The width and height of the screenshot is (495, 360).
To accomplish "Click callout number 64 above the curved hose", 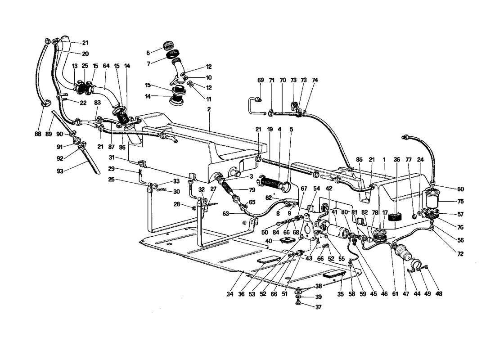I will (x=106, y=66).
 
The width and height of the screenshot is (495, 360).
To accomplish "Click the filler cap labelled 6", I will (x=168, y=45).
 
